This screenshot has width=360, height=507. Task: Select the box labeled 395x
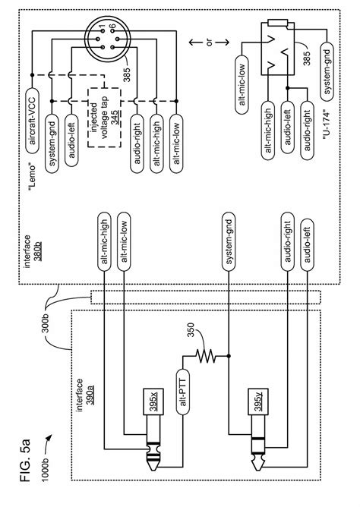coord(151,400)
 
